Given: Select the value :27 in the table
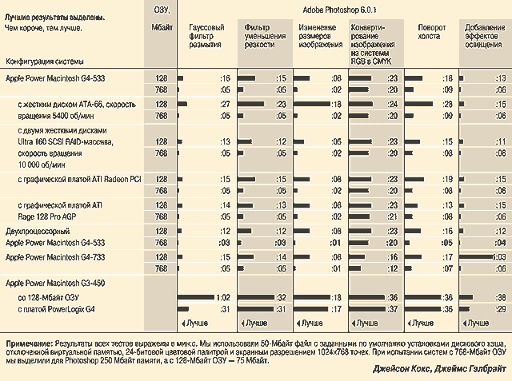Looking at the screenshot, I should (226, 104).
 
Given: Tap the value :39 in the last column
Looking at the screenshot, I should (502, 297).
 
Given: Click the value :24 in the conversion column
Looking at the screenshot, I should (393, 104).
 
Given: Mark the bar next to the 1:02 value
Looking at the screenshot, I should (195, 297).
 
